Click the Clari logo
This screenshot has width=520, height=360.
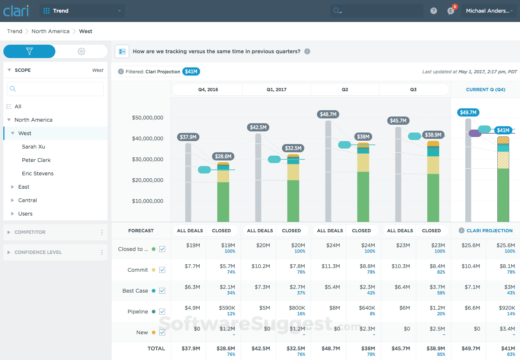[16, 11]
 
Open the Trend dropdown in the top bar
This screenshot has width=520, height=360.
[82, 11]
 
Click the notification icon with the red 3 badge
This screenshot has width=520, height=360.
[451, 11]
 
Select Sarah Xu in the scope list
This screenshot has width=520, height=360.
[33, 147]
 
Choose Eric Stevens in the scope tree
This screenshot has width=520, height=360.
[38, 173]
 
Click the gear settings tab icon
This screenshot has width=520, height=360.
[81, 51]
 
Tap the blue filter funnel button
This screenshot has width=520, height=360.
[29, 51]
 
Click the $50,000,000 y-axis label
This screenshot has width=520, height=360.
[148, 118]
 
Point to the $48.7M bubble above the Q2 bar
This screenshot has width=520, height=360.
[328, 114]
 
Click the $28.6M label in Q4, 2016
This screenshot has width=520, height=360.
[223, 156]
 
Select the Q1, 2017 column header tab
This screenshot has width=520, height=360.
[276, 90]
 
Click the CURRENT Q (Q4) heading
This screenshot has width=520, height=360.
[485, 90]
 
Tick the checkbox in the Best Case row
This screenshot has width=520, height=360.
[162, 291]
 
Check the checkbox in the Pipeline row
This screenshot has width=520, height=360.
[162, 312]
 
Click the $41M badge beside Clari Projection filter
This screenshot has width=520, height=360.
[191, 71]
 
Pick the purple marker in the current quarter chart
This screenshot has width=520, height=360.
[475, 133]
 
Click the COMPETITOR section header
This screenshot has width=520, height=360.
[30, 232]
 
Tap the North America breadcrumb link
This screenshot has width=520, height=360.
[51, 31]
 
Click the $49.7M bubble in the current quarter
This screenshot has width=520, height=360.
[468, 112]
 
